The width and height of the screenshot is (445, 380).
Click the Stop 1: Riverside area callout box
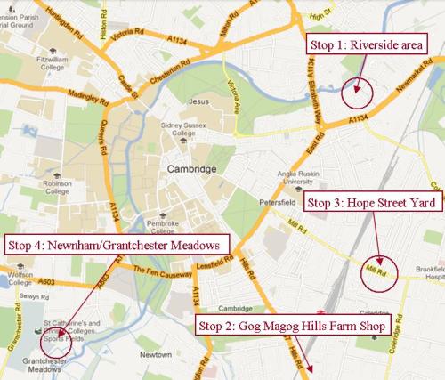(x=366, y=45)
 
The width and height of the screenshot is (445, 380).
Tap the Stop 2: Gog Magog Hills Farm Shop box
(x=293, y=326)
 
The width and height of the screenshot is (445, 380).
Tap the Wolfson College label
(x=18, y=271)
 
